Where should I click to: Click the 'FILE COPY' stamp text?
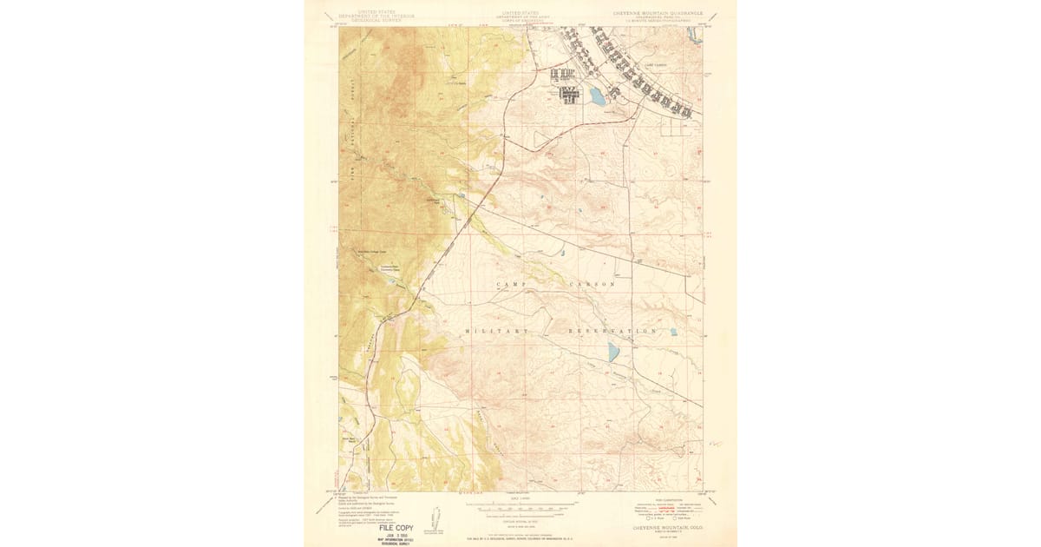pos(396,527)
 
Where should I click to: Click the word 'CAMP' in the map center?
pos(511,285)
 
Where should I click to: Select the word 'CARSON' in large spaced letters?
pos(592,285)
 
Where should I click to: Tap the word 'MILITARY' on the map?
pos(496,332)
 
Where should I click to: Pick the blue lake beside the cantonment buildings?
pos(597,96)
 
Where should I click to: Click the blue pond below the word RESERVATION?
pos(613,352)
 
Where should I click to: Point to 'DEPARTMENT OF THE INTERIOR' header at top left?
pos(376,16)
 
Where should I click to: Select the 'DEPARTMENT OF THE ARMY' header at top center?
pos(520,16)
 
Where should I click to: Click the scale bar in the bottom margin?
pos(520,504)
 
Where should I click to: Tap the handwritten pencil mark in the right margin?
pos(716,444)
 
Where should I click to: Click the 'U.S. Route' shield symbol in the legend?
pos(638,518)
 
